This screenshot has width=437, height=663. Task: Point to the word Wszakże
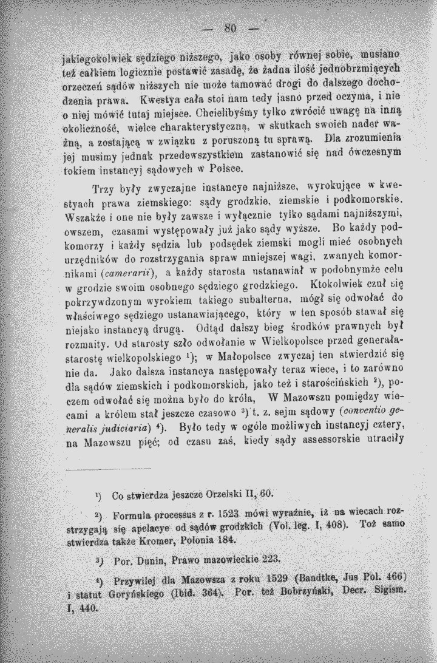click(84, 216)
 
